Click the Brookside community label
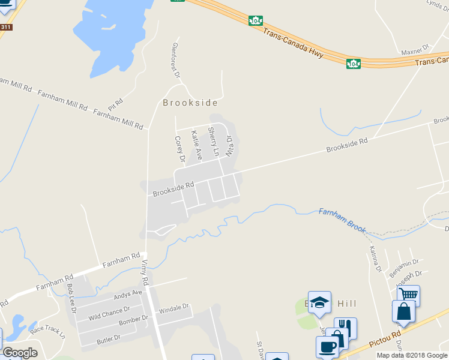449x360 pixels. pyautogui.click(x=190, y=103)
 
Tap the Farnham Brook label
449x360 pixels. pyautogui.click(x=342, y=220)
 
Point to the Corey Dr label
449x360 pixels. pyautogui.click(x=179, y=149)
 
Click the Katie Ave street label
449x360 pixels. pyautogui.click(x=196, y=145)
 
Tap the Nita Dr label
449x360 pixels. pyautogui.click(x=229, y=146)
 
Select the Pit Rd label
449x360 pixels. pyautogui.click(x=115, y=103)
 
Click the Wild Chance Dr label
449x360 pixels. pyautogui.click(x=109, y=313)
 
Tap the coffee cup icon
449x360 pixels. pyautogui.click(x=328, y=347)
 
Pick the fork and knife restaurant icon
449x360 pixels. pyautogui.click(x=345, y=328)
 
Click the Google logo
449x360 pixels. pyautogui.click(x=20, y=353)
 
